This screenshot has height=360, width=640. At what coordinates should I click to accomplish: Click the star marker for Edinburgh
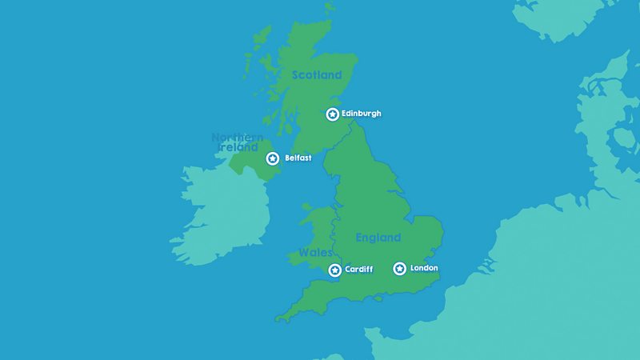332,114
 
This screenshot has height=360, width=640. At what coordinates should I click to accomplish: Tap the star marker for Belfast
273,158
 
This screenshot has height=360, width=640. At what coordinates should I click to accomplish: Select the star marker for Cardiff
334,270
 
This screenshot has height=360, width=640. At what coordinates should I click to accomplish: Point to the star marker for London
399,269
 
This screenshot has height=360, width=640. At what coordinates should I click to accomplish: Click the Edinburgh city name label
362,114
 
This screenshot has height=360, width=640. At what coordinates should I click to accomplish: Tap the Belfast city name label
298,158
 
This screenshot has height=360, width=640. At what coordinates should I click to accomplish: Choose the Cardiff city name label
358,270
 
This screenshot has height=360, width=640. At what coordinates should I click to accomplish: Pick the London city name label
424,268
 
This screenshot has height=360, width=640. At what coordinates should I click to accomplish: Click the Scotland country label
317,75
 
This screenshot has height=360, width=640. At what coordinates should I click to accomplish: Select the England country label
378,238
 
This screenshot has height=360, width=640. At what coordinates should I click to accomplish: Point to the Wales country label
315,253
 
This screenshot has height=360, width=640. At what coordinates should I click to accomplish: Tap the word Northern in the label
238,138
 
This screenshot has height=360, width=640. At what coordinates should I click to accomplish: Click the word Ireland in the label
237,148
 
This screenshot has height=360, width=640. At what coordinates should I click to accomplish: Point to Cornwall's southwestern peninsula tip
278,320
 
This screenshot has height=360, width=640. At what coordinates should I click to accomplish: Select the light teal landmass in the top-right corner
560,16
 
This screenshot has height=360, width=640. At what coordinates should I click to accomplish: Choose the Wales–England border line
334,232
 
